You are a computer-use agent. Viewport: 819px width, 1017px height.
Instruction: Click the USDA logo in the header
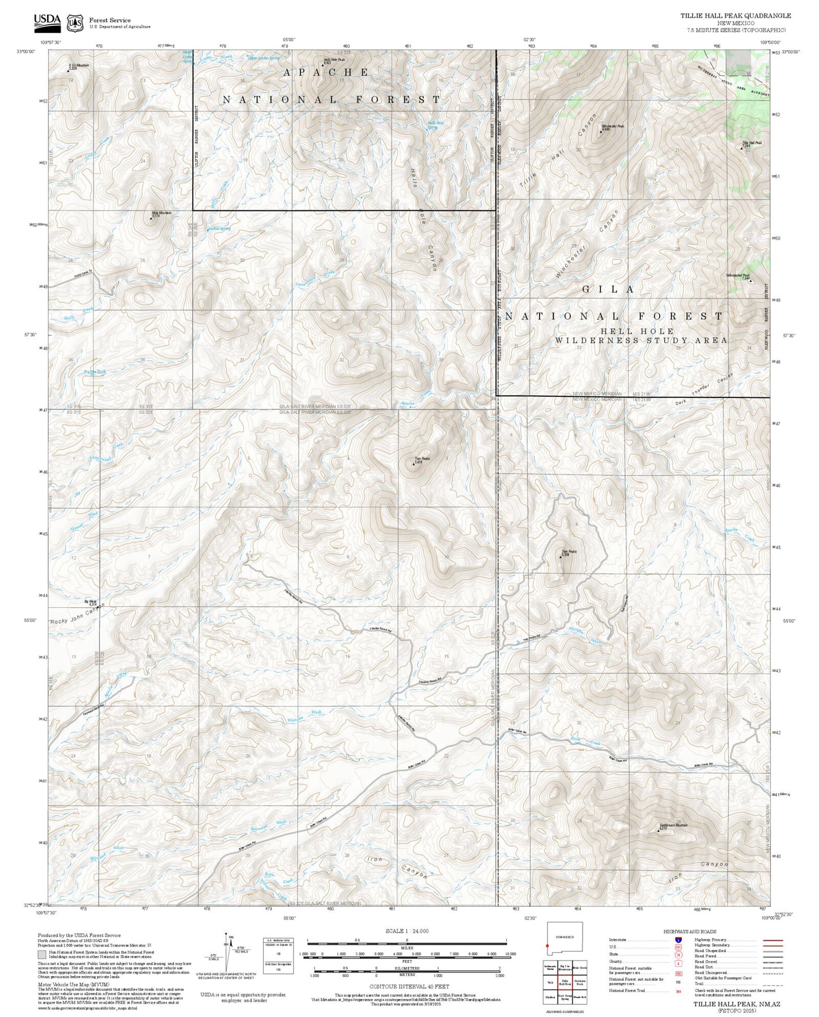[47, 22]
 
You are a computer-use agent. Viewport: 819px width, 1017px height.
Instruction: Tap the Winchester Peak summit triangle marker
[601, 132]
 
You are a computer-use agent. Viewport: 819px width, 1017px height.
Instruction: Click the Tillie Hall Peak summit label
[752, 143]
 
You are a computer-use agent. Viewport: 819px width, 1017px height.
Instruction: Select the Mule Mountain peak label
[162, 213]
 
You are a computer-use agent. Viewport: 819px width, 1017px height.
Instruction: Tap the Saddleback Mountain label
[673, 825]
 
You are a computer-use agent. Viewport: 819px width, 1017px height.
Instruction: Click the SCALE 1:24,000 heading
[406, 931]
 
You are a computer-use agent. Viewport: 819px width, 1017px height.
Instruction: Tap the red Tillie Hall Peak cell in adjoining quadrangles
[565, 981]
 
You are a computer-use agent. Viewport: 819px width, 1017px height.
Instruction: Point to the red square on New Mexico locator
[548, 946]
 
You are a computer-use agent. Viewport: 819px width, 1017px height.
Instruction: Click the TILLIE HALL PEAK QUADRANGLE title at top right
[735, 16]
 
